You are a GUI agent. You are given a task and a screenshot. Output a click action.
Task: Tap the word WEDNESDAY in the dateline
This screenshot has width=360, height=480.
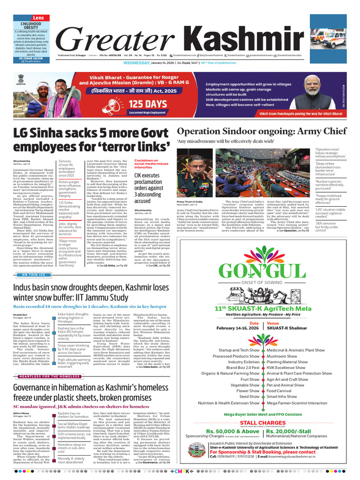point(136,62)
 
